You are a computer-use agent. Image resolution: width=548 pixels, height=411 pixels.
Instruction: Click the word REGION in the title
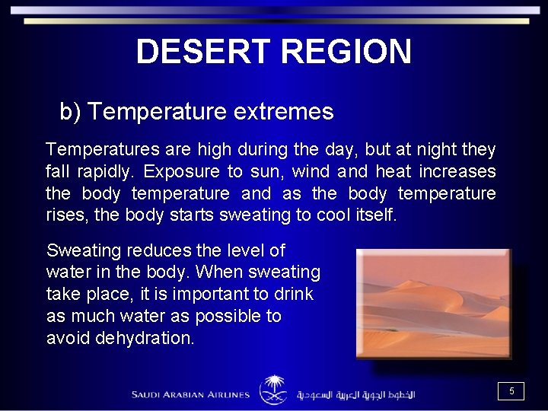tap(346, 52)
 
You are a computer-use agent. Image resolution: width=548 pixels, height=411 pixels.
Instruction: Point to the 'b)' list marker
tap(70, 112)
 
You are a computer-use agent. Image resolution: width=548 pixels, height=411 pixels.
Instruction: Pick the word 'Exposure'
tap(179, 171)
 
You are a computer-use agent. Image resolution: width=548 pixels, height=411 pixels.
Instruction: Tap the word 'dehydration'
tap(145, 338)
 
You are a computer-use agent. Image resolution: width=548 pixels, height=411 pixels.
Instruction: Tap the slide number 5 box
tap(511, 391)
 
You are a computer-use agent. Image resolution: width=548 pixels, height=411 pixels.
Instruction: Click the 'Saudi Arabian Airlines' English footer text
tap(190, 394)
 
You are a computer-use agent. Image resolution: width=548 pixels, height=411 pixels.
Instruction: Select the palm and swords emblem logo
tap(273, 390)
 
